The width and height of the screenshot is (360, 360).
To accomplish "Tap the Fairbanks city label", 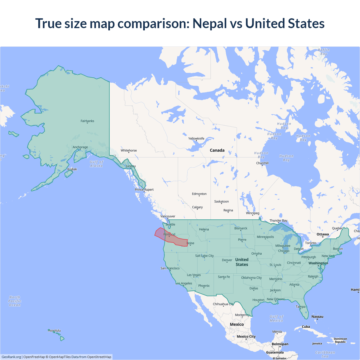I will coord(87,121).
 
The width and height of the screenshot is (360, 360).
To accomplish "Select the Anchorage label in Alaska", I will coord(80,147).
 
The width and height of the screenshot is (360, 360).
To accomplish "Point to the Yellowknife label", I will coord(196,138).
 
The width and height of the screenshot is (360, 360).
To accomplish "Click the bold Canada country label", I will coord(217,150).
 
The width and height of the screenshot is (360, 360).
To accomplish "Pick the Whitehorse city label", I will coord(129,150).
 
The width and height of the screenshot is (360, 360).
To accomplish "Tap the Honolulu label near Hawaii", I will coord(54,330).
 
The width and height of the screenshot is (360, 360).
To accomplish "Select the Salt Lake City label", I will coord(204,256).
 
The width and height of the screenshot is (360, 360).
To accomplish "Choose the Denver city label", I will coord(227,260).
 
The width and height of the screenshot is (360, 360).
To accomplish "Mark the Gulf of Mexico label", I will coord(276,318).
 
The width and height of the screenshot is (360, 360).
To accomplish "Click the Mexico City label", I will coord(246,336).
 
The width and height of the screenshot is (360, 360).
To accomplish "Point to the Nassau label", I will coord(317,316).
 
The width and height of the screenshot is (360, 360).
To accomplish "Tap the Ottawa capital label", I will coord(323,234).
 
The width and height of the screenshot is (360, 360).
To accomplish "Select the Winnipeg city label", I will coord(253,213).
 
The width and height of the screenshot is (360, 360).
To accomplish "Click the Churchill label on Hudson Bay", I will coord(262,163).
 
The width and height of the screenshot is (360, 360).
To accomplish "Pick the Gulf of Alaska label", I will coord(96,164).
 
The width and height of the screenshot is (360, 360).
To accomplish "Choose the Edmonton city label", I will coord(199,194).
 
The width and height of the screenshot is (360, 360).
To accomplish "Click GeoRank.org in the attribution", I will coord(11,357).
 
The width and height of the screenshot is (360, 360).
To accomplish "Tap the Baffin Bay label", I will coord(324,52).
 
